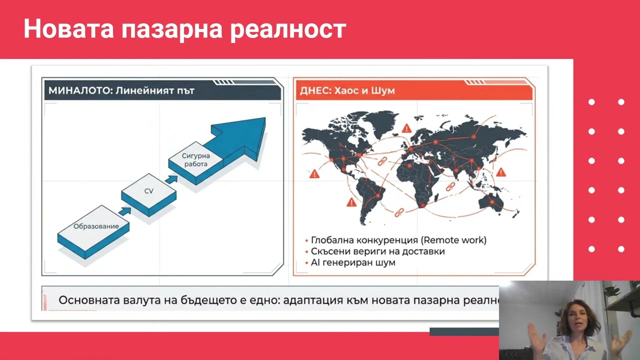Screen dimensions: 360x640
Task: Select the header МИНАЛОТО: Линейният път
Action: pos(121,90)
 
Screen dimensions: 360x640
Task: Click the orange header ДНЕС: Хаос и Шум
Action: pos(347,90)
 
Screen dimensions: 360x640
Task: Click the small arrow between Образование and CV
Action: pos(124,211)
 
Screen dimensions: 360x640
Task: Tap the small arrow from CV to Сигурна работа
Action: pos(171,178)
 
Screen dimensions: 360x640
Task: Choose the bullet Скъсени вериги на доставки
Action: pos(377,251)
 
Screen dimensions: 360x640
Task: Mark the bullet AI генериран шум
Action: pos(353,262)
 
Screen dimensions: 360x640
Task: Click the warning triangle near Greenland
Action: pos(406,128)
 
